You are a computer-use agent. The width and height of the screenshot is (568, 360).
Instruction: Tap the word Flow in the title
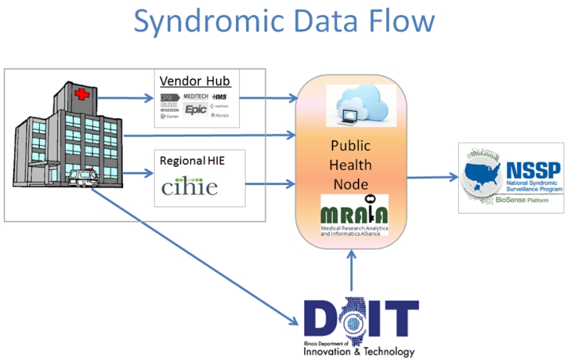(x=398, y=21)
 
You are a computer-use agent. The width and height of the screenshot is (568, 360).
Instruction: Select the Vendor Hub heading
(x=195, y=81)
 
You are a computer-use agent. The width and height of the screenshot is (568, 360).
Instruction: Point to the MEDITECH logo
(x=196, y=95)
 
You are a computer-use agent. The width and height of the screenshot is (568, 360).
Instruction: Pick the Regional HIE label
(x=192, y=161)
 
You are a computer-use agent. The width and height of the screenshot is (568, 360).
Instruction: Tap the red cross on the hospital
(x=82, y=95)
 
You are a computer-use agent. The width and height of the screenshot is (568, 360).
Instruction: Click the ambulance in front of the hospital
(x=83, y=179)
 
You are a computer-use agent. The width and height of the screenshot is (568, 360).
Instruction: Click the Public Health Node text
(x=352, y=165)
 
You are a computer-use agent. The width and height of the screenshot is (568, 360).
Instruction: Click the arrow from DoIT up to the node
(x=352, y=272)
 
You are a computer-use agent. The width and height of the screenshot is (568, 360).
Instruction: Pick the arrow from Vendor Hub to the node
(x=269, y=98)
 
